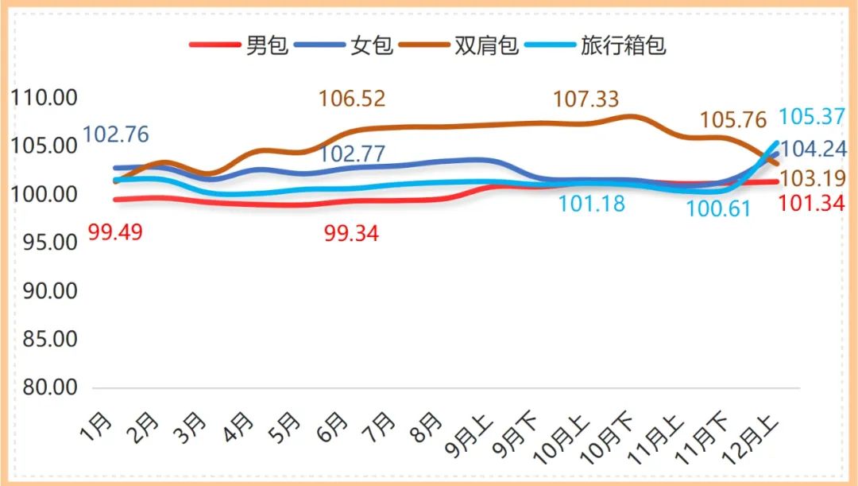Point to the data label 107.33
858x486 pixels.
tap(586, 99)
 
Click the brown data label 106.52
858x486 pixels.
tap(352, 99)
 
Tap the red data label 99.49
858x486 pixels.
tap(115, 235)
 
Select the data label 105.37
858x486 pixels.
tap(811, 117)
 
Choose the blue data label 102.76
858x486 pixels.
tap(115, 134)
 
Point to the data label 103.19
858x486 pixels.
tap(811, 177)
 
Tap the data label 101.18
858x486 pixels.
tap(591, 204)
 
